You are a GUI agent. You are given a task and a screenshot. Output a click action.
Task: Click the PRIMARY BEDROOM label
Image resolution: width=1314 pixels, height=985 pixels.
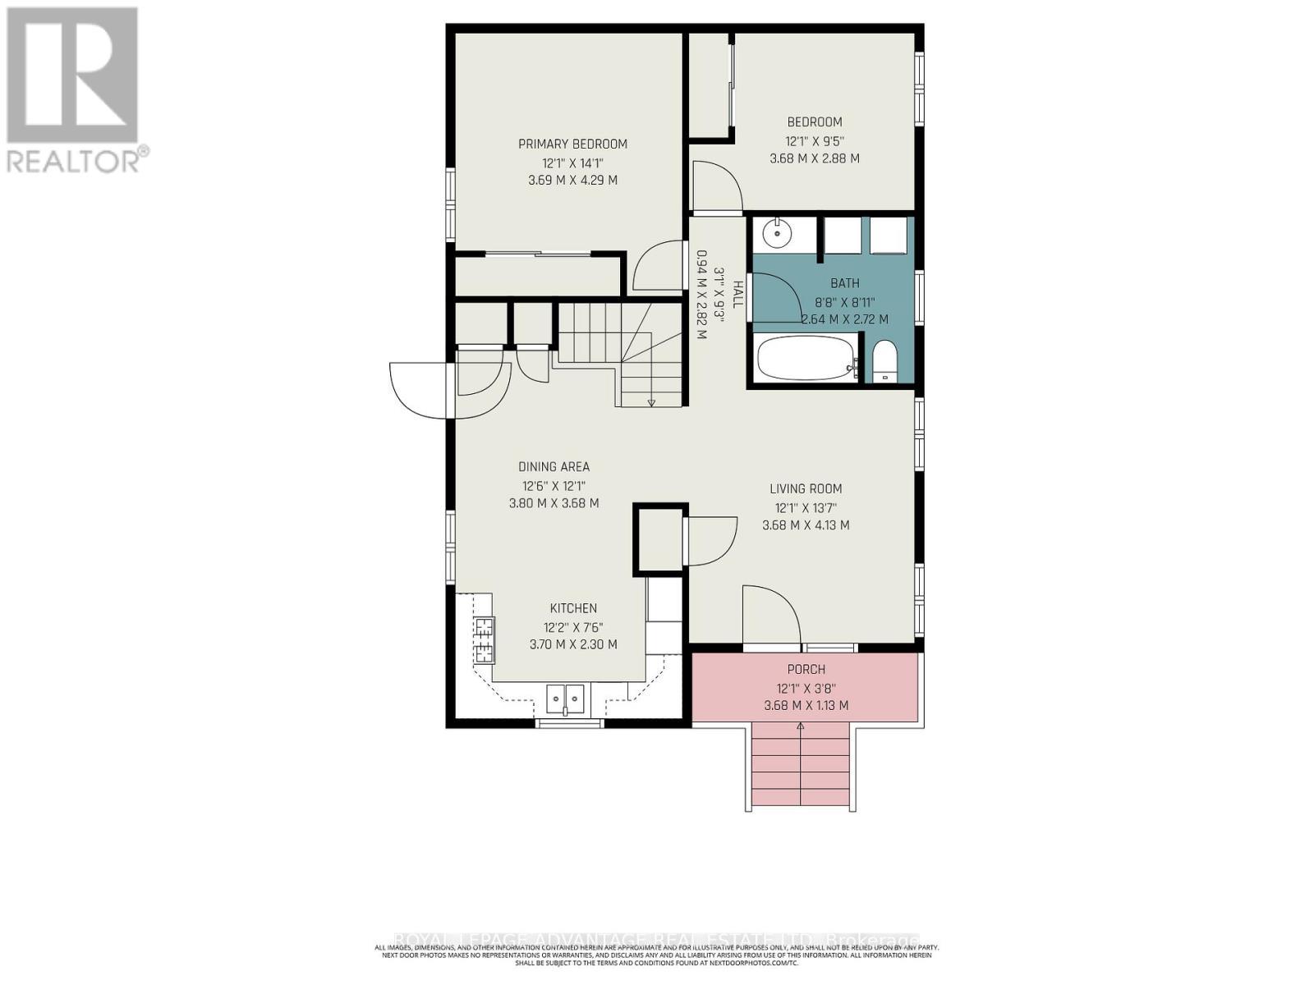click(572, 144)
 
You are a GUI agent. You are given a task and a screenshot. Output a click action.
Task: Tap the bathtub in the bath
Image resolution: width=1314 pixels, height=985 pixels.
click(804, 359)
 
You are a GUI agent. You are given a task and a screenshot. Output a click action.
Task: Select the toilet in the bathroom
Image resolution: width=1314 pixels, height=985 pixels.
click(884, 362)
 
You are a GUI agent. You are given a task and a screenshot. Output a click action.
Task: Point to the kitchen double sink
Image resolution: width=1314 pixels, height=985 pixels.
click(566, 699)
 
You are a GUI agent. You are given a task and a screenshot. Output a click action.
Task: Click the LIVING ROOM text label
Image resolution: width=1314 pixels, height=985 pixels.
click(806, 489)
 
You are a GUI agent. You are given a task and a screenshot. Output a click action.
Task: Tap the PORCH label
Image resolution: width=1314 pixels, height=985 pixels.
click(806, 669)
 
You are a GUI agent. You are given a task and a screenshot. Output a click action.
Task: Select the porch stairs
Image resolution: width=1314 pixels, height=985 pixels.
click(801, 767)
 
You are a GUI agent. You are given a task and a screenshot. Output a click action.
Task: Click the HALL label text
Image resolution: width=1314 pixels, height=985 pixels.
click(738, 294)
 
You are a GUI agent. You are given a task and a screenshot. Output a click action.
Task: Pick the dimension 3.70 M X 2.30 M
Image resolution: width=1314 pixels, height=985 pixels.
click(573, 644)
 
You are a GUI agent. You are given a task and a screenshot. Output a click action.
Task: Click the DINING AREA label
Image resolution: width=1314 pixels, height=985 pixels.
click(554, 467)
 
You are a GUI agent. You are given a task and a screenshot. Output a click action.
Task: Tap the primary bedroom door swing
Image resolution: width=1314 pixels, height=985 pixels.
click(656, 267)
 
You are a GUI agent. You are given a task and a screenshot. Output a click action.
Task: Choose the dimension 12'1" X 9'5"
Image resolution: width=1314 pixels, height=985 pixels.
click(815, 140)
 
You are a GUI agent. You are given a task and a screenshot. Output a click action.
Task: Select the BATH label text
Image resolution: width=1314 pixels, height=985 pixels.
click(844, 283)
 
